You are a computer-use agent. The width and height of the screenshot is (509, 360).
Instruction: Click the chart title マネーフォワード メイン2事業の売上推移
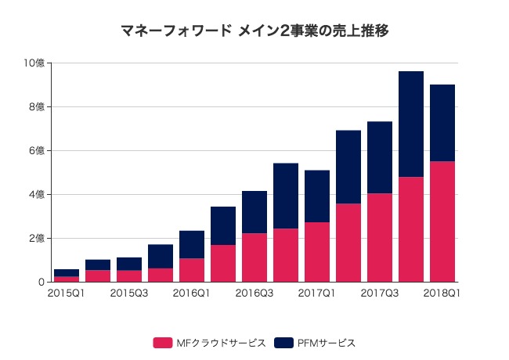(x=254, y=31)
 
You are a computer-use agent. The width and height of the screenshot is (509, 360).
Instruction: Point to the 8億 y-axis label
(x=37, y=107)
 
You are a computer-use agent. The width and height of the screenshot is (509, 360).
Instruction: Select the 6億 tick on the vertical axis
(x=37, y=151)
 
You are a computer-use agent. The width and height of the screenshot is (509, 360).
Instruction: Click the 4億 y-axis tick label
(x=37, y=195)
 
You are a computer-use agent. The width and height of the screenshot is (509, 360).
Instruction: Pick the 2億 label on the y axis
(x=37, y=239)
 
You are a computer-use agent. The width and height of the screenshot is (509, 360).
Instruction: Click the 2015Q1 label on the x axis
(x=66, y=293)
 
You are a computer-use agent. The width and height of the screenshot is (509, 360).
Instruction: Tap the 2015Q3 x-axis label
(x=128, y=293)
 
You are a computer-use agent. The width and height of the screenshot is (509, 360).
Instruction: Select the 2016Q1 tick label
(x=191, y=293)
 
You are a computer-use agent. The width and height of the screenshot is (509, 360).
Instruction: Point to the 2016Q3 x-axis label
(x=254, y=293)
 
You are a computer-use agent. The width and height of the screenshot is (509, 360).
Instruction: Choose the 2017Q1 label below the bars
(x=316, y=293)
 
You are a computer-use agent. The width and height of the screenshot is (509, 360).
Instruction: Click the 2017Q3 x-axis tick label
(x=379, y=293)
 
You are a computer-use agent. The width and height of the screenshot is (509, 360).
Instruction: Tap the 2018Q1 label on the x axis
(x=442, y=293)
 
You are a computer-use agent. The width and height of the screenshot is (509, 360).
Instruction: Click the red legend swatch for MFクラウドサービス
(x=163, y=343)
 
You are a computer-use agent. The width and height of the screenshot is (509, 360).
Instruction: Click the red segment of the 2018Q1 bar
(x=442, y=221)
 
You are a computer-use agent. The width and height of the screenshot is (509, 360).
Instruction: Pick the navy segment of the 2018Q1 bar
(x=442, y=123)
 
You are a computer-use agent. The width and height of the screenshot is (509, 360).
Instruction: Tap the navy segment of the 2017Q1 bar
(x=317, y=196)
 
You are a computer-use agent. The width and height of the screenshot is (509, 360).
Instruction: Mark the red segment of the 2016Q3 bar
(x=254, y=257)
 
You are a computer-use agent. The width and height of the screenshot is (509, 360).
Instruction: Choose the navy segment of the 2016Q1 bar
(x=192, y=244)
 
